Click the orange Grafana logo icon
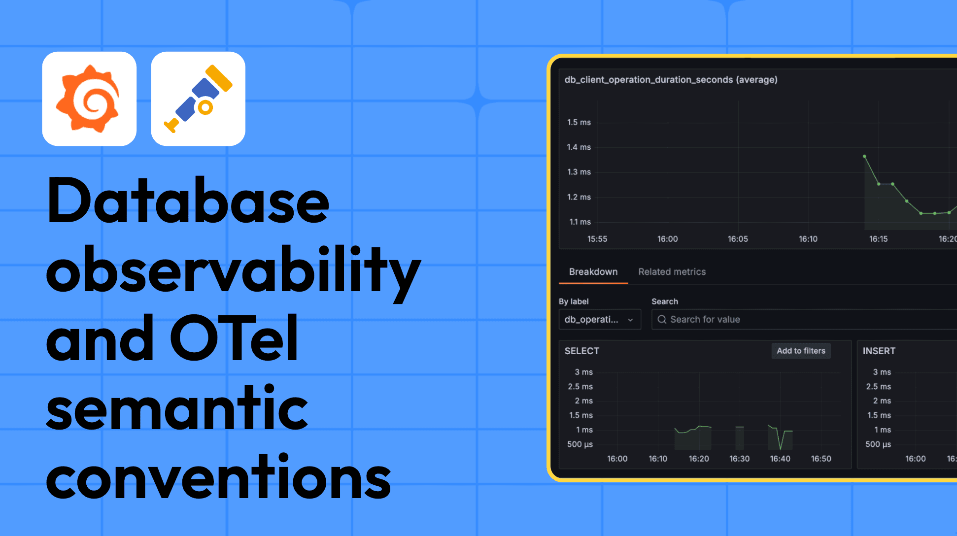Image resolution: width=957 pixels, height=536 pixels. tap(89, 99)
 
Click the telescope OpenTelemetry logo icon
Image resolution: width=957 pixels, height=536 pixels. tap(198, 99)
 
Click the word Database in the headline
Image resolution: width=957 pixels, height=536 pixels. tap(188, 201)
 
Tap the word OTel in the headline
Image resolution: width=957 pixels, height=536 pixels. tap(234, 339)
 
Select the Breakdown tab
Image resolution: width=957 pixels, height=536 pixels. tap(593, 272)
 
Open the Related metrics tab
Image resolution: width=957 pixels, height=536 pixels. tap(672, 272)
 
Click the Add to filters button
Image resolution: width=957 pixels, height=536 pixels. tap(801, 351)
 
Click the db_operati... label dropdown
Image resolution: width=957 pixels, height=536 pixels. tap(599, 320)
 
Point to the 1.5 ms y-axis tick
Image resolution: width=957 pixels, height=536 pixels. tap(579, 122)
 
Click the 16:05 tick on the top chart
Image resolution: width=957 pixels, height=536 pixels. tap(738, 239)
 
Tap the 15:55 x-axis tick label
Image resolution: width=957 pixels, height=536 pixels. tap(597, 239)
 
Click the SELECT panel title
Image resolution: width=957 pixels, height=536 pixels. tap(581, 351)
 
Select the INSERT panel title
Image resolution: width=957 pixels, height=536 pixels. tap(879, 351)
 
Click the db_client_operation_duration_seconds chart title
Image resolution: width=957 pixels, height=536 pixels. tap(671, 80)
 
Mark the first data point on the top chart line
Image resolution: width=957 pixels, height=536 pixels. tap(864, 157)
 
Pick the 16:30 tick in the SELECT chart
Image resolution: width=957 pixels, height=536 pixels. tap(739, 459)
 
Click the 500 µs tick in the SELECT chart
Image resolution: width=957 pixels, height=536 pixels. tap(580, 444)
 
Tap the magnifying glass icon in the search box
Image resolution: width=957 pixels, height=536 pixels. tap(662, 320)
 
